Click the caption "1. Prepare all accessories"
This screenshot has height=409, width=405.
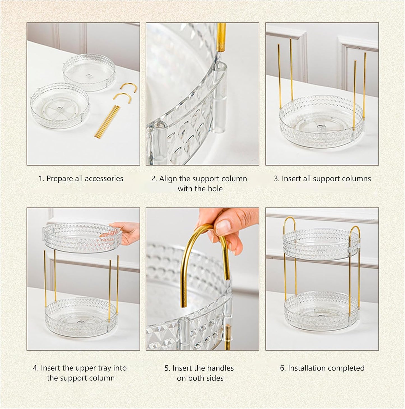(x=81, y=178)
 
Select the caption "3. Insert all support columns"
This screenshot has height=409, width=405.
(x=322, y=178)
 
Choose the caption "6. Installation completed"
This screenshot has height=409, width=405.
(x=322, y=368)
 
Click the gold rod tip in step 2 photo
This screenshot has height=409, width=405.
(x=221, y=36)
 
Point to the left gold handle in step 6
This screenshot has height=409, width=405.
(x=289, y=224)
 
